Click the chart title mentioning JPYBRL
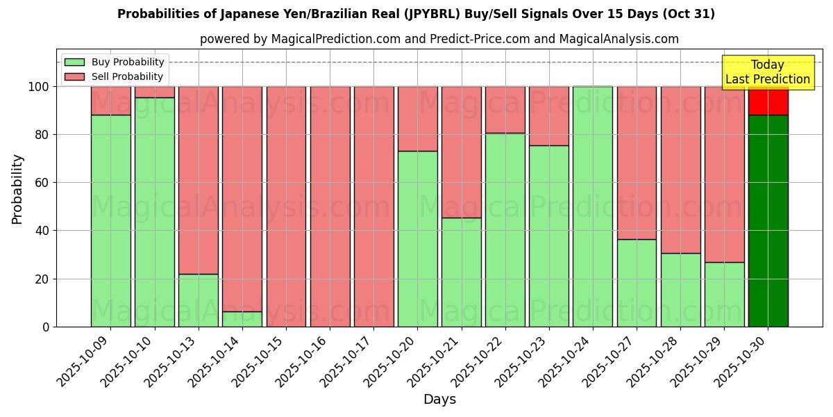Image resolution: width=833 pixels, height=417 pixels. (416, 14)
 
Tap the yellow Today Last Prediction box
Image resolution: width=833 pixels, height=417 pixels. (767, 72)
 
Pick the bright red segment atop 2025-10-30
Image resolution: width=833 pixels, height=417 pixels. (768, 101)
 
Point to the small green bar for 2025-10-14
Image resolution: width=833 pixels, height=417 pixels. (242, 319)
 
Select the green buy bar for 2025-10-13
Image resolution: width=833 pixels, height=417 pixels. (199, 300)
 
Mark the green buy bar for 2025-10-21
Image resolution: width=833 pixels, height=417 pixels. (461, 272)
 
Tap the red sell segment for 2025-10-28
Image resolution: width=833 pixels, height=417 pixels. (680, 170)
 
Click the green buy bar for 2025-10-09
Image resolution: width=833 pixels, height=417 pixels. (111, 221)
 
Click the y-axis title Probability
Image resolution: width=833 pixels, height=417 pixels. (17, 189)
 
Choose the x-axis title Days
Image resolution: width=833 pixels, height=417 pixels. (439, 400)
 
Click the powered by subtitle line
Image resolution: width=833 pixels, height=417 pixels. (439, 39)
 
